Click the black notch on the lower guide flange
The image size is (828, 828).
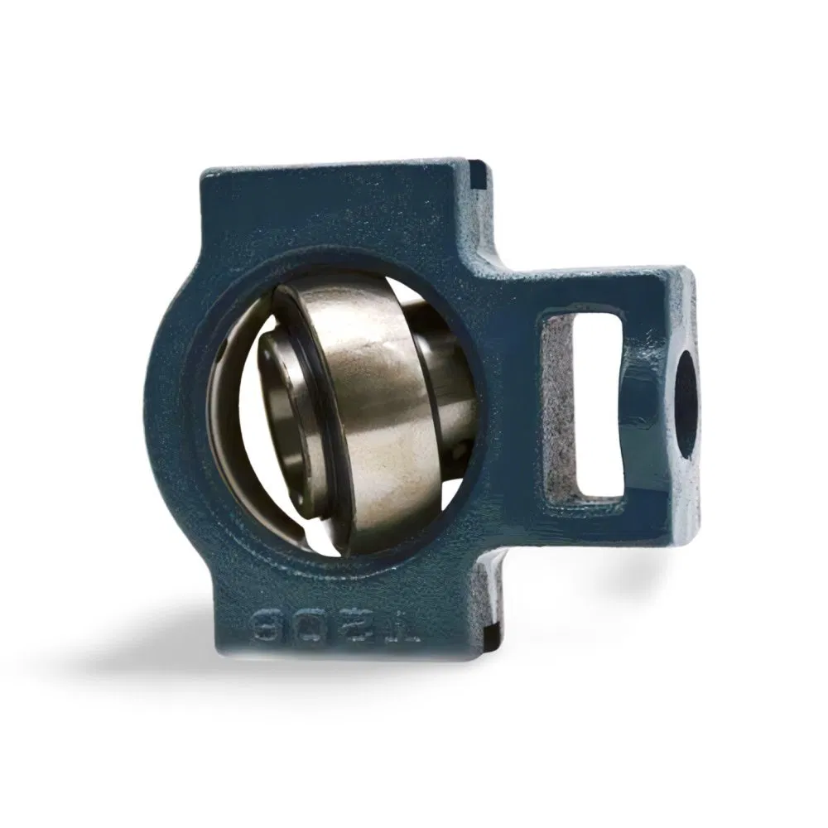click(489, 640)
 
